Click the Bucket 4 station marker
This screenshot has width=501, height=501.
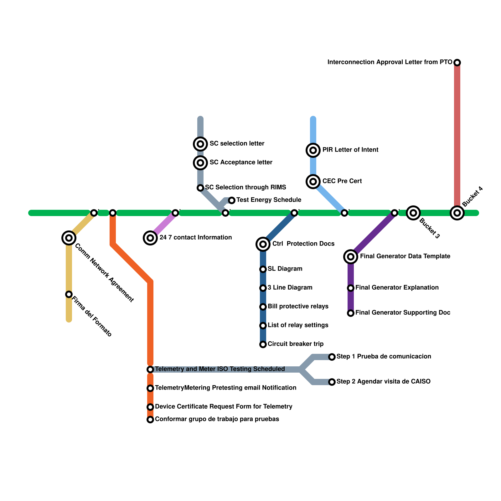click(x=457, y=213)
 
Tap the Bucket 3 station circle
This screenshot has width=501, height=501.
click(x=413, y=213)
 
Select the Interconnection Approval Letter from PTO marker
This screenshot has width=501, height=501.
click(x=457, y=63)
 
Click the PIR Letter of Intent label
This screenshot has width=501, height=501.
click(x=350, y=150)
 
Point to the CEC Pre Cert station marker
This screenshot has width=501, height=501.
click(x=313, y=182)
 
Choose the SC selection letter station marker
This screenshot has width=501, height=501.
click(x=200, y=144)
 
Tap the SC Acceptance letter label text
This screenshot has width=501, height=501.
click(x=241, y=163)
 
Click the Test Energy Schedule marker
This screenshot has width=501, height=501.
click(x=232, y=200)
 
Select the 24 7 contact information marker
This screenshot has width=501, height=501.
click(x=150, y=238)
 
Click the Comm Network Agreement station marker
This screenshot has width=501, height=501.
click(x=69, y=238)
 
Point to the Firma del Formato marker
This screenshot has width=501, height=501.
click(x=69, y=294)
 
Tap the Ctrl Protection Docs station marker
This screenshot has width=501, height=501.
click(x=263, y=244)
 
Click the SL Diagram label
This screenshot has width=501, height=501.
click(x=285, y=269)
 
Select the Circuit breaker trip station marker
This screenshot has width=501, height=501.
click(x=263, y=344)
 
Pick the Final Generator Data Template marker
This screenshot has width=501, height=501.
click(x=351, y=257)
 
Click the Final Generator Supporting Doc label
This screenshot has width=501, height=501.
click(x=403, y=313)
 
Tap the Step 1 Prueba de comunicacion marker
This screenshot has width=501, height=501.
click(x=332, y=357)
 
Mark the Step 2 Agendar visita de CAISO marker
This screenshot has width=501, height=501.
click(x=332, y=382)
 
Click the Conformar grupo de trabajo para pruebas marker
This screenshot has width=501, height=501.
click(x=150, y=420)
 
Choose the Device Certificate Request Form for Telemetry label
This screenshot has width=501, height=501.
click(x=224, y=407)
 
